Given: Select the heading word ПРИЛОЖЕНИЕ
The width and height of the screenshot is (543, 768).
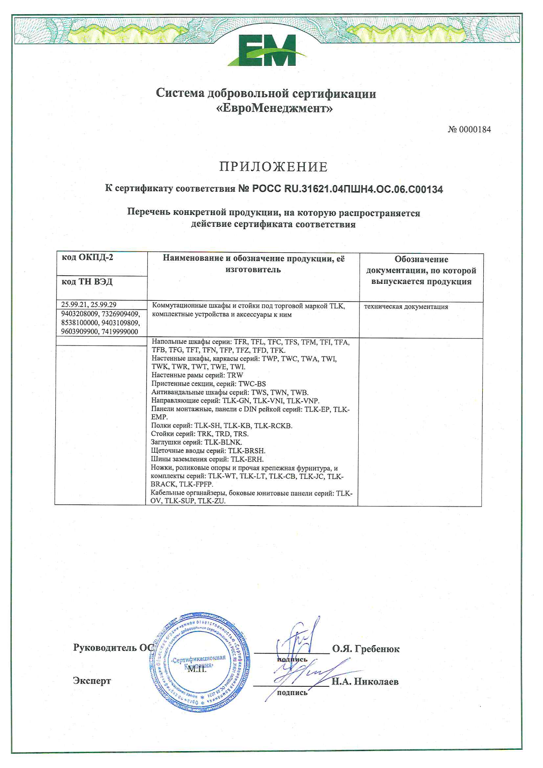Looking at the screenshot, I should tap(273, 167).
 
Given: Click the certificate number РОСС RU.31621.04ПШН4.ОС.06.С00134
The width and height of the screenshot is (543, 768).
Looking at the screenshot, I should tap(347, 189).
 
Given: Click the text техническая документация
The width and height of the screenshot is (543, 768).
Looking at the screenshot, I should tap(406, 307).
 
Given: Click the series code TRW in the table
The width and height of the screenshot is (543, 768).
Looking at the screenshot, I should tap(235, 375).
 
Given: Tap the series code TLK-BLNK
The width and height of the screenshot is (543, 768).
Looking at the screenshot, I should tap(223, 442).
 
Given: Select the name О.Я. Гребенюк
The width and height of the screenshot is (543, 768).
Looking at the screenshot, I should tap(366, 649).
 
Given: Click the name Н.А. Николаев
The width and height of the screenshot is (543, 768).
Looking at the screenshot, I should tap(365, 682).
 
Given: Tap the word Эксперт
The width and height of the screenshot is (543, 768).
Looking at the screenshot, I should tap(92, 681).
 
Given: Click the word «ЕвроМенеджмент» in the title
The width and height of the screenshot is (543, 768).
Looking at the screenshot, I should tap(274, 109).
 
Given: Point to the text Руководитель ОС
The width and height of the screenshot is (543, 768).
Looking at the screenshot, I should tap(112, 648).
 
